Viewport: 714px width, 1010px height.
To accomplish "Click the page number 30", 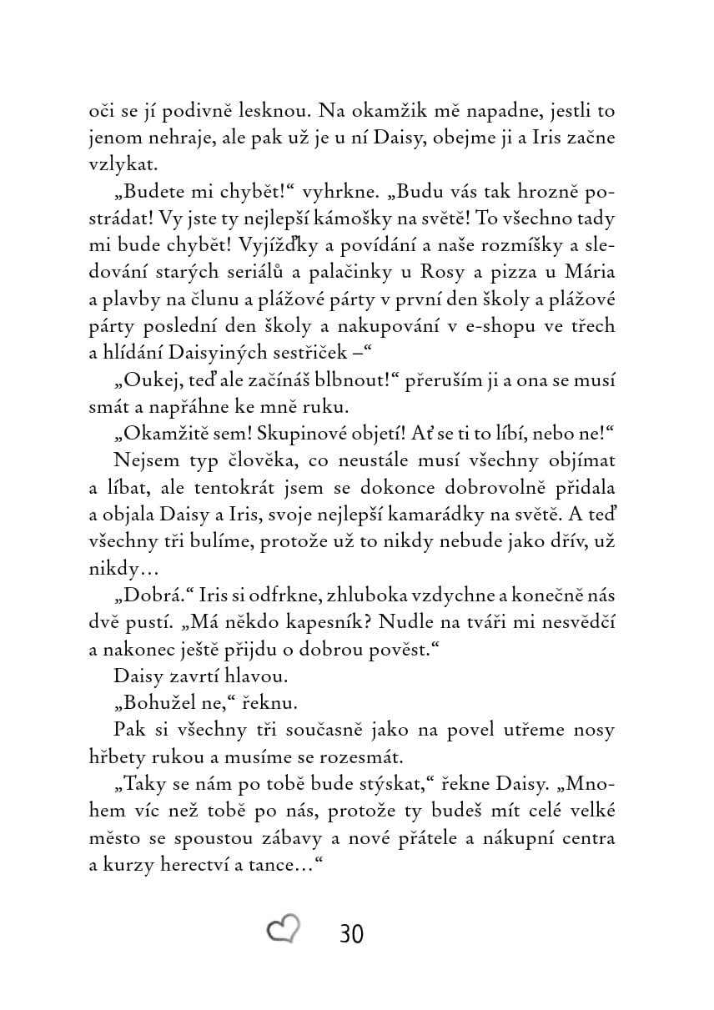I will pyautogui.click(x=352, y=933).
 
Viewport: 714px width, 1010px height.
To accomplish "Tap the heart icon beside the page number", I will pyautogui.click(x=283, y=929).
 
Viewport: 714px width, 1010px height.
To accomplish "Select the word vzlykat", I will pyautogui.click(x=122, y=165).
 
